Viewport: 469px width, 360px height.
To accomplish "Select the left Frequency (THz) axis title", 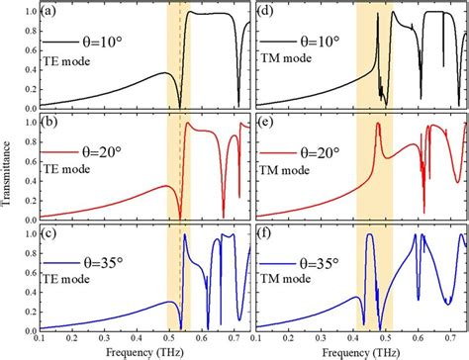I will [146, 351].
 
